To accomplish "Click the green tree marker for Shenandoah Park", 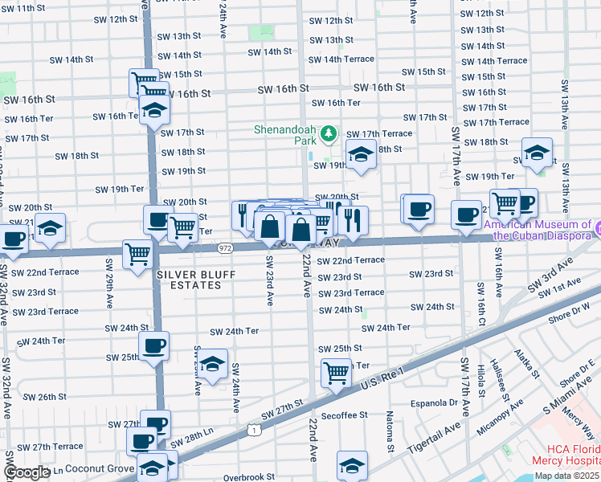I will pos(328,133).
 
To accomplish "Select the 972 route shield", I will pos(225,249).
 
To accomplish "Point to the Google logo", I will pos(27,473).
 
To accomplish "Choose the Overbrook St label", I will pos(248,476).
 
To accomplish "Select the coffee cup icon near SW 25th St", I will pos(153,345).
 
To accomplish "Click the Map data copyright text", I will pos(566,476).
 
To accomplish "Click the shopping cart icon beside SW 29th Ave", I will pos(137,254).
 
